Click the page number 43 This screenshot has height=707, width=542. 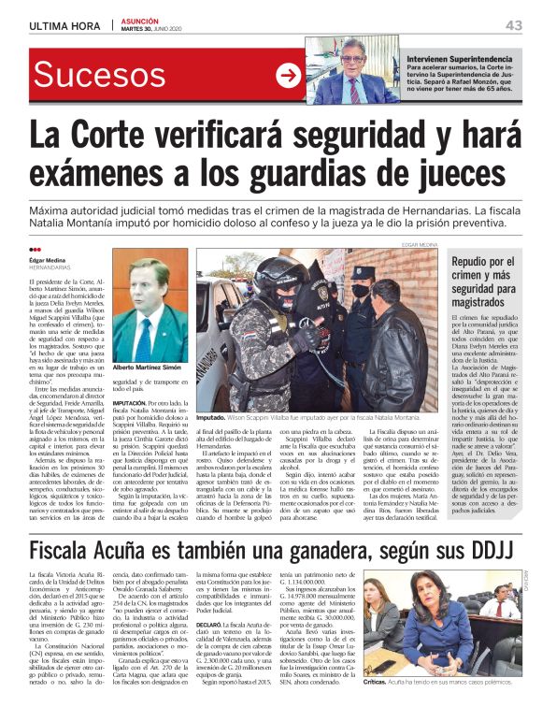(513, 24)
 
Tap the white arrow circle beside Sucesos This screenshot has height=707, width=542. (288, 76)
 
